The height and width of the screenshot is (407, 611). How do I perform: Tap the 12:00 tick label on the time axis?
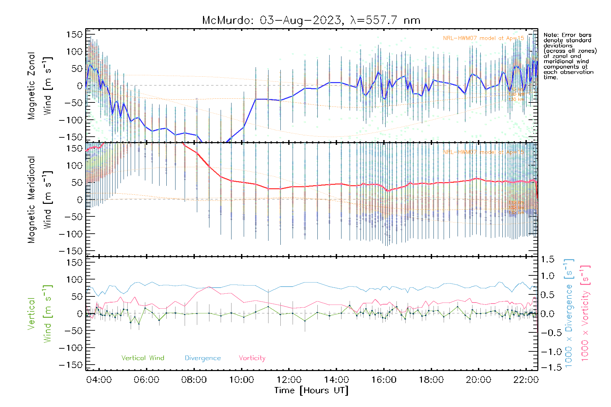(x=289, y=380)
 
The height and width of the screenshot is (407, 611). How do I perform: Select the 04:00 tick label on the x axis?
(x=99, y=380)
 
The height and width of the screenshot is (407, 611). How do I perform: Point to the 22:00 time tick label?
(x=526, y=380)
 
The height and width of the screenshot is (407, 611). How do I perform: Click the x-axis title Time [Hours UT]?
(x=311, y=390)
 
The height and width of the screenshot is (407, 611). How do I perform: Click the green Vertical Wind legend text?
(x=143, y=358)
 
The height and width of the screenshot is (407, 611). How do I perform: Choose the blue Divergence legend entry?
(x=203, y=358)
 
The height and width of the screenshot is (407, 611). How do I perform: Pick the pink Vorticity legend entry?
(x=252, y=358)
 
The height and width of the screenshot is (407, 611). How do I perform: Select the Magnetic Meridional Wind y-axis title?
(x=39, y=200)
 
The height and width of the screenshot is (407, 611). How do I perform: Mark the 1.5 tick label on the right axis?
(x=548, y=259)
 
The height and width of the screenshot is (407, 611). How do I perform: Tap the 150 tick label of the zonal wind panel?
(x=74, y=35)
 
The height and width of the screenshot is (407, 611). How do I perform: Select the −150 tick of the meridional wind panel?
(x=71, y=251)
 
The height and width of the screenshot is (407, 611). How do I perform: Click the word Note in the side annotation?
(x=551, y=35)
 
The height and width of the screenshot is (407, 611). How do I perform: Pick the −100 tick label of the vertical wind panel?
(x=71, y=348)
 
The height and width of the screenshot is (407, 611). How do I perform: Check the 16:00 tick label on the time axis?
(x=384, y=380)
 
